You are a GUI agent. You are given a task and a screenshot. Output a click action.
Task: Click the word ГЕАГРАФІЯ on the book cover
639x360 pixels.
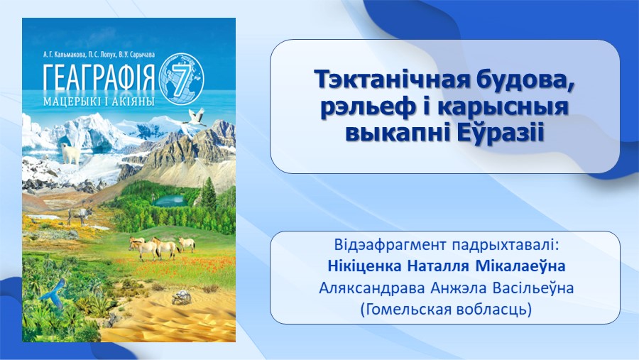pos(99,77)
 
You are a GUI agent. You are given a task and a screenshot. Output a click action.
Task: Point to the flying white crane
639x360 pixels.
pos(195,117)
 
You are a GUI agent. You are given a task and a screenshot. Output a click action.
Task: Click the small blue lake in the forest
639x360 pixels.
pos(169,200)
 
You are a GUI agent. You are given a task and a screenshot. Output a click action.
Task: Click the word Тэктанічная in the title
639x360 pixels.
pos(390,79)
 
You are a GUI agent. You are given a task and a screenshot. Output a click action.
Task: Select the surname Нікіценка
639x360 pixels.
pos(364,266)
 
